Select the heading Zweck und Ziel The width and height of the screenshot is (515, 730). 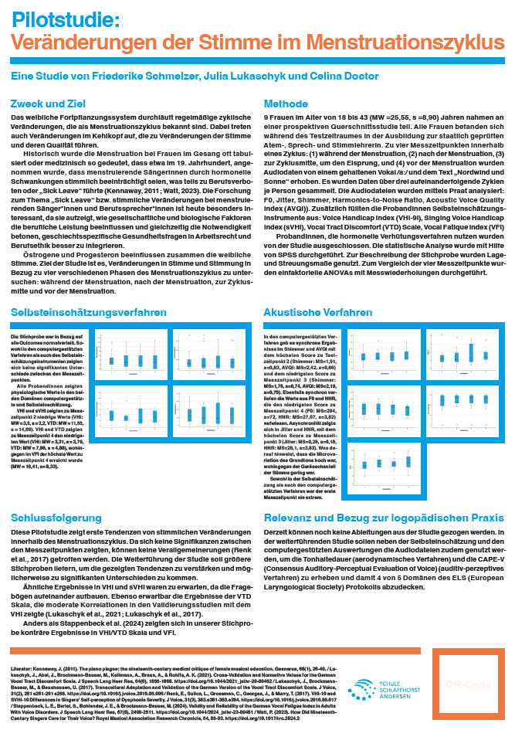pos(48,104)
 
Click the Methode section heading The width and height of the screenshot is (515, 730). pos(286,104)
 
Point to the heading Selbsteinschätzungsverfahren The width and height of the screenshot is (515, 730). pos(89,312)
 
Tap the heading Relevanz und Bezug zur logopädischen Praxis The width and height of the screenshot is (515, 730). pos(378,497)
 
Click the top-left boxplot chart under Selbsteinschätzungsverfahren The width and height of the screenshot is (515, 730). pos(128,358)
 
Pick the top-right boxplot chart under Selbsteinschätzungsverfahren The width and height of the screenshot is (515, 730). pos(205,358)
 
